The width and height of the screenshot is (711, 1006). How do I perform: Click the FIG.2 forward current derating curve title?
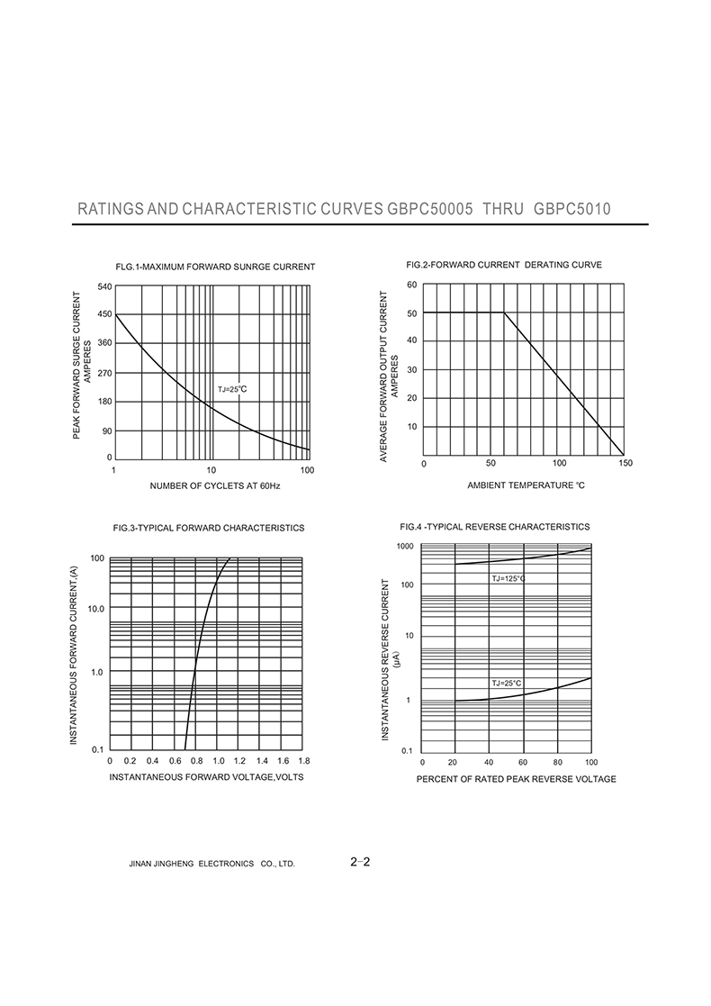pyautogui.click(x=504, y=265)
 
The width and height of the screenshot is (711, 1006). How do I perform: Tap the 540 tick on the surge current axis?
pyautogui.click(x=105, y=286)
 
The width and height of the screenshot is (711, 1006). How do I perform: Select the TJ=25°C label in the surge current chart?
pyautogui.click(x=232, y=389)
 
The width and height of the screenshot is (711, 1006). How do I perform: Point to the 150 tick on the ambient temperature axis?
pyautogui.click(x=625, y=463)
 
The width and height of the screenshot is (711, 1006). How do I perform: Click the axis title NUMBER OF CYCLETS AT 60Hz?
pyautogui.click(x=215, y=486)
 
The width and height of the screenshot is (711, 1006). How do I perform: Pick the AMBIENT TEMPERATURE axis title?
pyautogui.click(x=526, y=486)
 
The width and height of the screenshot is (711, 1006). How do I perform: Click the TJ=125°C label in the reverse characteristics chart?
pyautogui.click(x=508, y=578)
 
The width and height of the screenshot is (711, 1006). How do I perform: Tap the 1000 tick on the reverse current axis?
pyautogui.click(x=404, y=547)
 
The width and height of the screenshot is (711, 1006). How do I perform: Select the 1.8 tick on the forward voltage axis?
pyautogui.click(x=304, y=761)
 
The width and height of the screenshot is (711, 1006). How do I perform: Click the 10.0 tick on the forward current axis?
pyautogui.click(x=96, y=609)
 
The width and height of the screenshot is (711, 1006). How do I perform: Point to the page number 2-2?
pyautogui.click(x=361, y=862)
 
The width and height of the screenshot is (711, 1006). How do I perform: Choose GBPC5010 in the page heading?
pyautogui.click(x=572, y=209)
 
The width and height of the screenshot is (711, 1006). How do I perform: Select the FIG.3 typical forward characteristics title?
pyautogui.click(x=208, y=528)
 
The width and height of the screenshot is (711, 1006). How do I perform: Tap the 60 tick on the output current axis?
pyautogui.click(x=411, y=285)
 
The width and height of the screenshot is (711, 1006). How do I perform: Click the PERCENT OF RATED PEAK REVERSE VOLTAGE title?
pyautogui.click(x=516, y=779)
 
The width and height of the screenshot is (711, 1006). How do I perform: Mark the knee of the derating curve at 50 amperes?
pyautogui.click(x=505, y=313)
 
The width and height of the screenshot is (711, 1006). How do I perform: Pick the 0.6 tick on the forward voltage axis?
pyautogui.click(x=175, y=761)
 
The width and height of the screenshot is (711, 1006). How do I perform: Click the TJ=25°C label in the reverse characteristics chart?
pyautogui.click(x=507, y=684)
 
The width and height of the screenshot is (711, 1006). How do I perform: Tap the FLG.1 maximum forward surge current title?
pyautogui.click(x=215, y=267)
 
